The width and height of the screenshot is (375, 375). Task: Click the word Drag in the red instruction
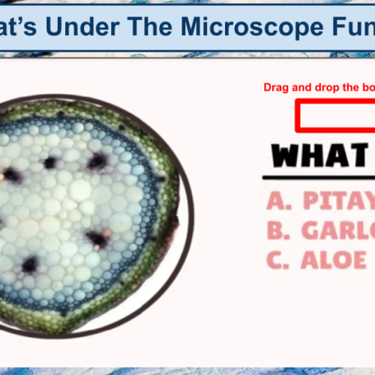point(277,88)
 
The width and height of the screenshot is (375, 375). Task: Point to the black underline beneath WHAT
point(319,178)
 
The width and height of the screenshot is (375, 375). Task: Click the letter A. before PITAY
point(278,201)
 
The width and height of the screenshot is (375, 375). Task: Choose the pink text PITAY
point(337,201)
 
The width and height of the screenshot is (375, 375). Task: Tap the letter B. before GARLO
point(278,230)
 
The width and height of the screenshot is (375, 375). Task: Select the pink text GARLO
point(337,230)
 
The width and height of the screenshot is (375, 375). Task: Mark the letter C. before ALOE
point(278,259)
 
